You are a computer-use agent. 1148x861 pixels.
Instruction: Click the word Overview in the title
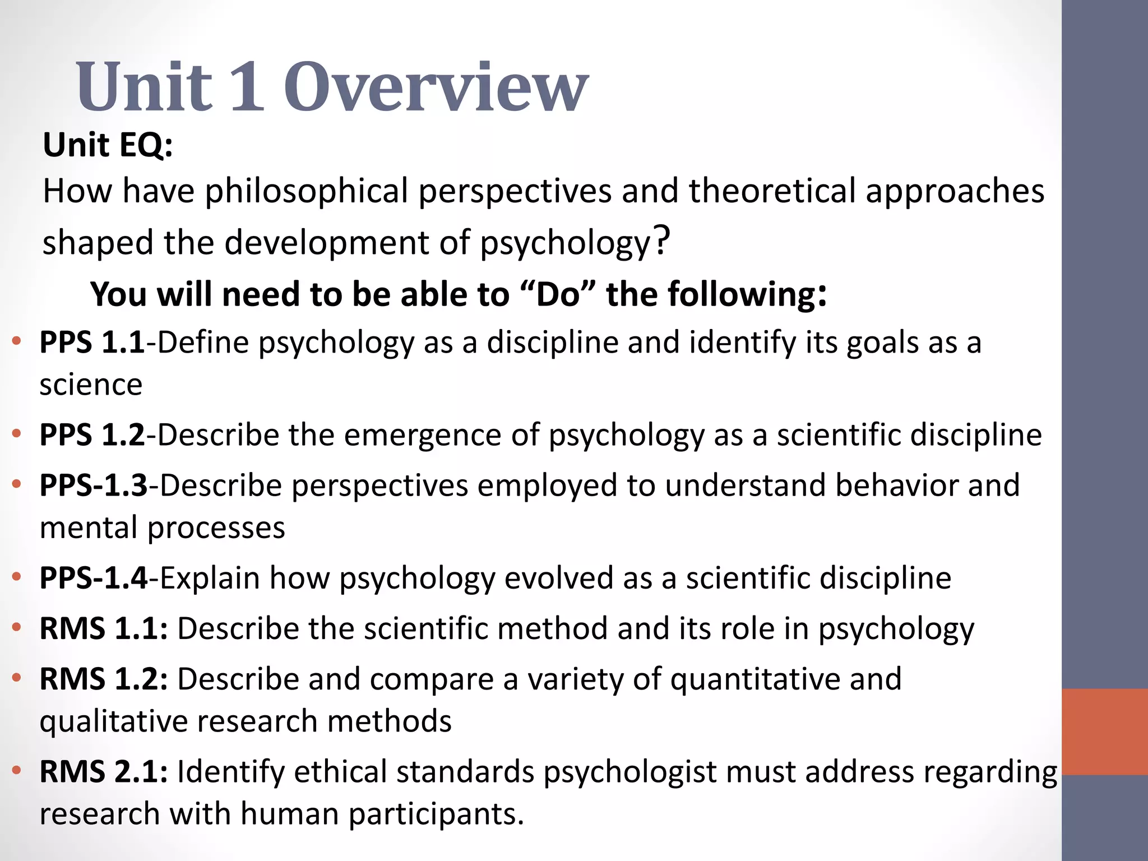click(x=436, y=87)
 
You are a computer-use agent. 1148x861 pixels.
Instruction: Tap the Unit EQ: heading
click(x=108, y=145)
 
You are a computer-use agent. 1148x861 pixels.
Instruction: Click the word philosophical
click(x=306, y=191)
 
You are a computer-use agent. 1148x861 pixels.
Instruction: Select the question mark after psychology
click(x=662, y=240)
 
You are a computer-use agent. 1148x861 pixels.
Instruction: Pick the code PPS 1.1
click(x=92, y=342)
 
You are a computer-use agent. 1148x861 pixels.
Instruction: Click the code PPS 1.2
click(x=92, y=435)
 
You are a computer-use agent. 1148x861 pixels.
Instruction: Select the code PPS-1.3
click(x=93, y=485)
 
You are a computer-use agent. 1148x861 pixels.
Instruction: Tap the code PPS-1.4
click(x=93, y=578)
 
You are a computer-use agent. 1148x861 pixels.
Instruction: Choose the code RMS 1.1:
click(x=103, y=628)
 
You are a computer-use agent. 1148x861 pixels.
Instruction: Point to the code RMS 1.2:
click(x=103, y=679)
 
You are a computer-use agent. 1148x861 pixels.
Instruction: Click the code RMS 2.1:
click(x=103, y=772)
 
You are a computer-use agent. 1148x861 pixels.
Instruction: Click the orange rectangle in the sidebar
click(x=1104, y=732)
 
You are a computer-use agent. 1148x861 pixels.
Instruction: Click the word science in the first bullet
click(x=91, y=385)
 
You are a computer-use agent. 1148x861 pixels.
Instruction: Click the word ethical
click(x=340, y=772)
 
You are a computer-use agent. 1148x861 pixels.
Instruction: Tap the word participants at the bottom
click(x=436, y=814)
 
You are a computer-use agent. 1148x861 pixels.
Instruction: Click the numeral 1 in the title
click(x=247, y=87)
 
